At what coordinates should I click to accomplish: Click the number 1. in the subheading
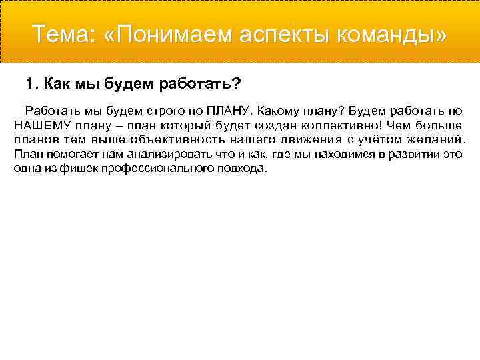[x=31, y=84]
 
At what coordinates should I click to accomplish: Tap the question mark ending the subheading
[x=237, y=84]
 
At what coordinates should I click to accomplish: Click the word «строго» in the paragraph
[x=170, y=110]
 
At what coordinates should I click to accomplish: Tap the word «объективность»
[x=177, y=139]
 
